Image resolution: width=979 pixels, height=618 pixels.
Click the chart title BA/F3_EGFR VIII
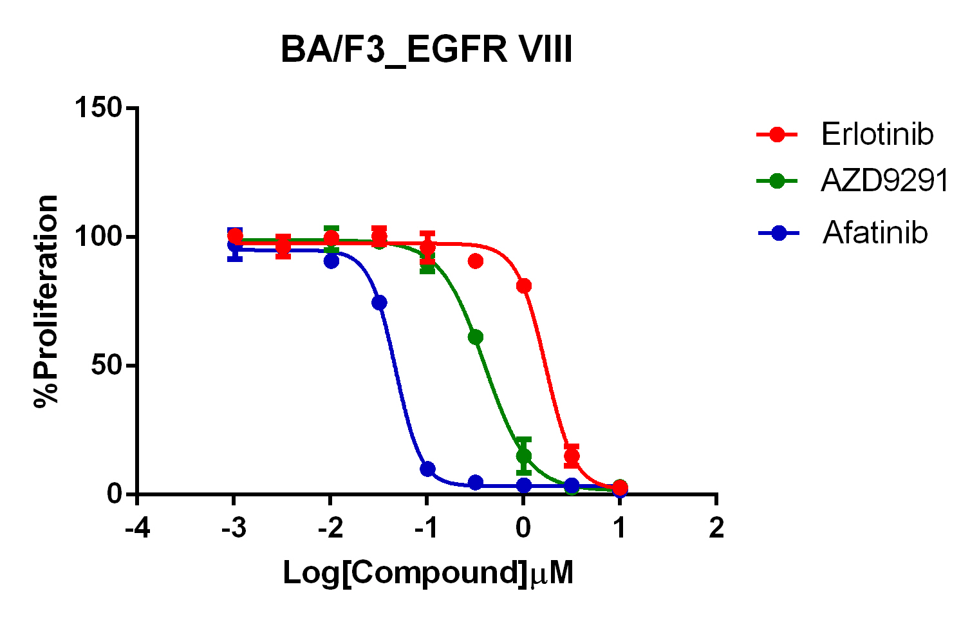pos(426,50)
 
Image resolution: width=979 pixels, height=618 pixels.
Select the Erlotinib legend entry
pos(877,135)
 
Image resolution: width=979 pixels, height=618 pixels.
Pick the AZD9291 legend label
pos(884,181)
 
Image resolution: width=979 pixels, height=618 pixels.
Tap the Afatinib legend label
pos(875,232)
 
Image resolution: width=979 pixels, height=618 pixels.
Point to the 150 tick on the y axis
pos(98,108)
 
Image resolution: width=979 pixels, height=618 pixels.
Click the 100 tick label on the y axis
pos(98,236)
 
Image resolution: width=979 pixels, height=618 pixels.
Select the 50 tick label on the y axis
pos(106,365)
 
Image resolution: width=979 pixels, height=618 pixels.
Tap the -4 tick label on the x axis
pos(137,528)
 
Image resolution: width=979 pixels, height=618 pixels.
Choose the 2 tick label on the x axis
pos(716,528)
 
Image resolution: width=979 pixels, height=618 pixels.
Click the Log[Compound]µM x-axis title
pos(428,572)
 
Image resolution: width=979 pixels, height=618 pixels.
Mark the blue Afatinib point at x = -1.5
pos(379,303)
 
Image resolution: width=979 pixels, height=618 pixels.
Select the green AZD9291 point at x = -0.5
pos(476,337)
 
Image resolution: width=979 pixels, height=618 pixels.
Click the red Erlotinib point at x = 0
pos(524,286)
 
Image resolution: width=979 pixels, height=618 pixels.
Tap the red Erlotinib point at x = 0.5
pos(572,456)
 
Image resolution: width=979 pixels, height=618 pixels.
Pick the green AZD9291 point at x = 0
pos(524,456)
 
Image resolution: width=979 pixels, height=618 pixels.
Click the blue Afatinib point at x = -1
pos(427,469)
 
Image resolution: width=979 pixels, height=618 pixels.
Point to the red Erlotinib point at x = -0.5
pos(476,261)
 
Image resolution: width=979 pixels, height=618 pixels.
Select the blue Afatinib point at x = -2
pos(331,261)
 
